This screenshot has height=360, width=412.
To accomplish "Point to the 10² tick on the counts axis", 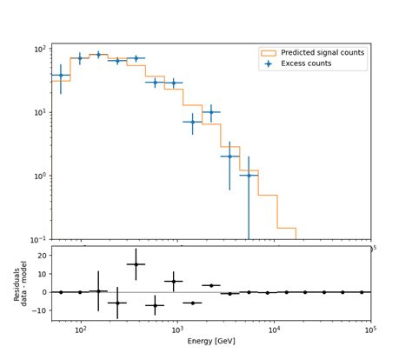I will pyautogui.click(x=39, y=49).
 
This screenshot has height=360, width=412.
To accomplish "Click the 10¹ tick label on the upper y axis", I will pyautogui.click(x=39, y=112).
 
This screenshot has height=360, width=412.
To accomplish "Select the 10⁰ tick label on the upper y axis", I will pyautogui.click(x=39, y=176).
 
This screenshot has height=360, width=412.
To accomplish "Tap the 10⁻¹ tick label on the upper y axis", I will pyautogui.click(x=38, y=239).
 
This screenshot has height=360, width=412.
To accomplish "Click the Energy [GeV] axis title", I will pyautogui.click(x=211, y=342).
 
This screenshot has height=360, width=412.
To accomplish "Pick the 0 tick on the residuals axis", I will pyautogui.click(x=44, y=292).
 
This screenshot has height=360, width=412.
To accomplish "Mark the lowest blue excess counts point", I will pyautogui.click(x=249, y=176).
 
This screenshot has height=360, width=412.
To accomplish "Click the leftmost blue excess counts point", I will pyautogui.click(x=61, y=76).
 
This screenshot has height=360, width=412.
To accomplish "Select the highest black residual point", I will pyautogui.click(x=136, y=263).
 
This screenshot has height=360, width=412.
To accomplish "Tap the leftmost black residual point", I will pyautogui.click(x=61, y=292).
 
